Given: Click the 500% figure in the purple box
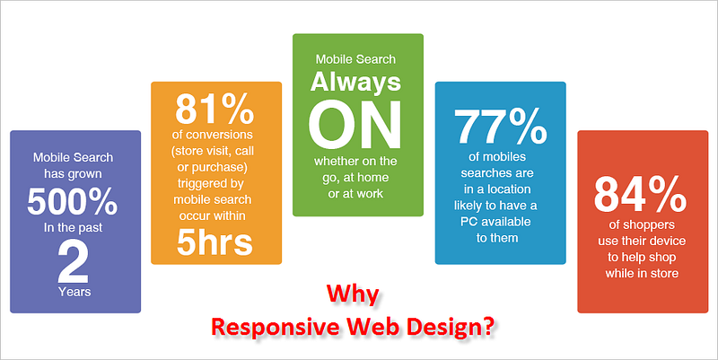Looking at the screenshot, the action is [73, 202].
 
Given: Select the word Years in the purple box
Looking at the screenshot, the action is [74, 292].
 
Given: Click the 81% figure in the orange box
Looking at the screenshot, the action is [215, 109].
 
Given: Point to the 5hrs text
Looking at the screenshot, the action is [215, 242].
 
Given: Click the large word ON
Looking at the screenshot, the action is [355, 125].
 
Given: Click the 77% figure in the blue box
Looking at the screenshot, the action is [501, 127].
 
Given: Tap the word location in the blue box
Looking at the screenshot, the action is [508, 189].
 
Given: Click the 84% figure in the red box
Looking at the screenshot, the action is [640, 196].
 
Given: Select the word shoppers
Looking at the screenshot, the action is [648, 225].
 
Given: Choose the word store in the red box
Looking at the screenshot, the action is [663, 274].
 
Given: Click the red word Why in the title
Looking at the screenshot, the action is [353, 295].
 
